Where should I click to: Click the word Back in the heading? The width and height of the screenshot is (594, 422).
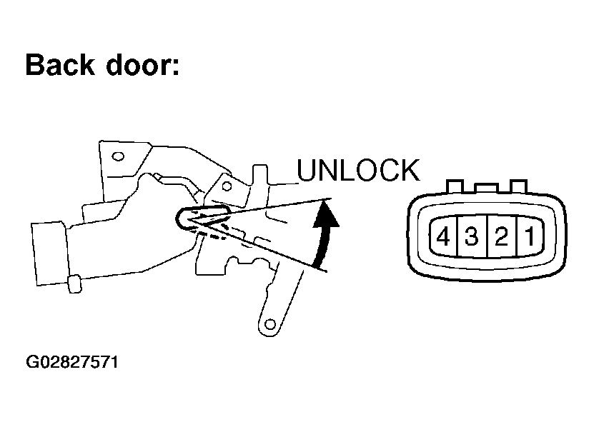[x=60, y=65]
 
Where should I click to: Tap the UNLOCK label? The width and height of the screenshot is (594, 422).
[x=358, y=171]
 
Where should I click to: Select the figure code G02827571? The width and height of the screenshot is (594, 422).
[x=72, y=362]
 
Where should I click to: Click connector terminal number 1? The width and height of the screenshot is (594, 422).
[x=530, y=236]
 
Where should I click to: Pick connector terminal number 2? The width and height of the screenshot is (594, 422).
[x=501, y=236]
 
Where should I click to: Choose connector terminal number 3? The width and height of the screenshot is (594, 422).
[x=472, y=236]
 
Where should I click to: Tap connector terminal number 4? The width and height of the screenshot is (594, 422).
[x=443, y=237]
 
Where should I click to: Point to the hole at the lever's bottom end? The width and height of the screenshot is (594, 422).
[x=270, y=324]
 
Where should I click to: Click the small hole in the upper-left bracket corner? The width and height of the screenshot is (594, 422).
[x=118, y=156]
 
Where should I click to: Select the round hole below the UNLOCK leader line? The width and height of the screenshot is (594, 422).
[x=227, y=186]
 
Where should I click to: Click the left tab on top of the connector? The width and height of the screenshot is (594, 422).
[x=455, y=186]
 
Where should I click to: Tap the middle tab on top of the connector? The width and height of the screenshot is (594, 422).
[x=486, y=189]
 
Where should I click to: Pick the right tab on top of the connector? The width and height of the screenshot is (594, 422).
[x=519, y=186]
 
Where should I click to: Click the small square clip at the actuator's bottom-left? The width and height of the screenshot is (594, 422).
[x=74, y=284]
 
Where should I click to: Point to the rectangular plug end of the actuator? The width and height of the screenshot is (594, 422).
[x=50, y=253]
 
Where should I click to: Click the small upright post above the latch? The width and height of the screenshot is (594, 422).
[x=260, y=174]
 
